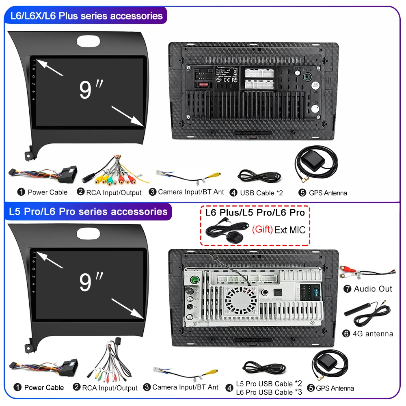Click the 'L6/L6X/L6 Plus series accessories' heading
(x=86, y=16)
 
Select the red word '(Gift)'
(x=262, y=229)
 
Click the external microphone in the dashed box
(x=233, y=237)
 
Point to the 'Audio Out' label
(x=373, y=289)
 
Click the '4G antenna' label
(x=373, y=334)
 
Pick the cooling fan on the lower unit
(x=241, y=300)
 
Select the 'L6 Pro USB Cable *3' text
(x=269, y=392)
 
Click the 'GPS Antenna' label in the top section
(x=328, y=193)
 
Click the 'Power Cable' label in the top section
(x=48, y=192)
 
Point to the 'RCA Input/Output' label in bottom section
(x=110, y=388)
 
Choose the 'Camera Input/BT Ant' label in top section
(x=191, y=192)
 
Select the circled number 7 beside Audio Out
(x=347, y=289)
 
